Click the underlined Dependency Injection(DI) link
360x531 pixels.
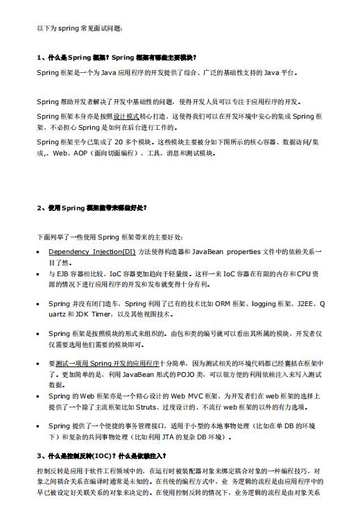(x=92, y=251)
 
